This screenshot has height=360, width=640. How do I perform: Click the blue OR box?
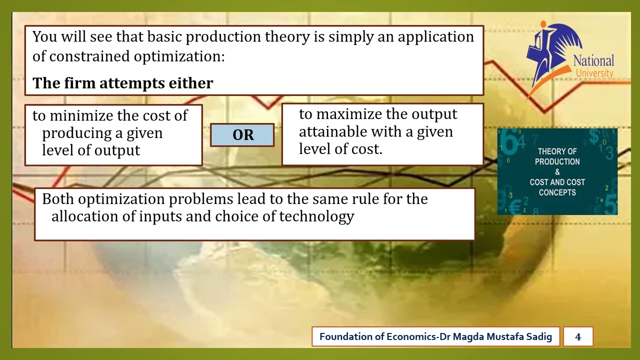pyautogui.click(x=242, y=135)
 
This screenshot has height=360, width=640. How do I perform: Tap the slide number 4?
pyautogui.click(x=578, y=336)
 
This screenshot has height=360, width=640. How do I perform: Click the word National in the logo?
pyautogui.click(x=593, y=61)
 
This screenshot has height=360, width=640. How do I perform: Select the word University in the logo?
pyautogui.click(x=594, y=73)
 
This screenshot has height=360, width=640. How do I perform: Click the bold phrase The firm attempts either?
pyautogui.click(x=123, y=83)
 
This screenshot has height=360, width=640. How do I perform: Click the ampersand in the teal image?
pyautogui.click(x=557, y=172)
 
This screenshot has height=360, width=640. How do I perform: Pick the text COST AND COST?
pyautogui.click(x=557, y=182)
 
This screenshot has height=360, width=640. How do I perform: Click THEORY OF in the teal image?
pyautogui.click(x=557, y=151)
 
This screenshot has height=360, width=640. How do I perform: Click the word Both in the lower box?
pyautogui.click(x=58, y=199)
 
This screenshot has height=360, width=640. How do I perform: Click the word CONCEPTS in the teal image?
pyautogui.click(x=557, y=192)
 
